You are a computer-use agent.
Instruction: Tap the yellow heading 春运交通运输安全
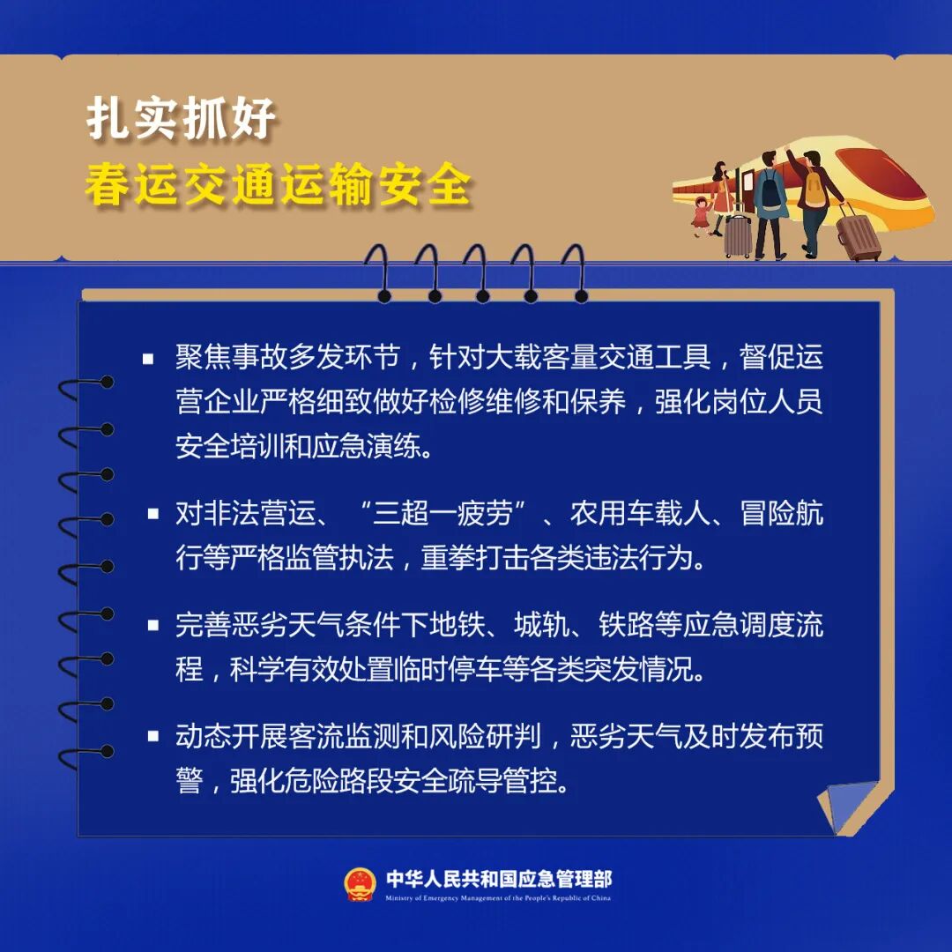coord(279,186)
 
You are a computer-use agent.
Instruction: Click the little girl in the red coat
coord(701,216)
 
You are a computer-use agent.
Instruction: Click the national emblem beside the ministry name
coord(360,884)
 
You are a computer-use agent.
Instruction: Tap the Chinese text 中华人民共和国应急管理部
coord(498,879)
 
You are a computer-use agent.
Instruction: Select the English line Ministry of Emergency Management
coord(498,898)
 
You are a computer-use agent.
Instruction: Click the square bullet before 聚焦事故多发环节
coord(148,359)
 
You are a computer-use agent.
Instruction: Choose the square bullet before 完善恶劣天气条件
coord(153,625)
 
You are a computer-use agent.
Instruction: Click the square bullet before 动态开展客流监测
coord(153,736)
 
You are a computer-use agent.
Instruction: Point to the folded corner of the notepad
coord(848,802)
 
